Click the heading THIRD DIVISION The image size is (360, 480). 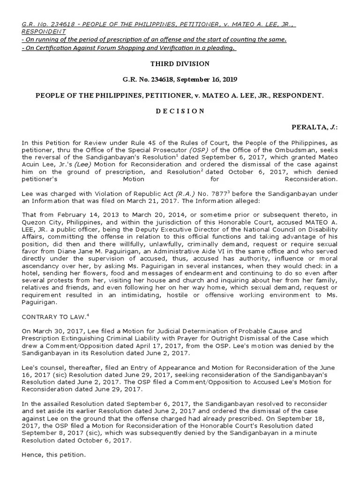[180, 63]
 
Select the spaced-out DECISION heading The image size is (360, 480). [180, 111]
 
